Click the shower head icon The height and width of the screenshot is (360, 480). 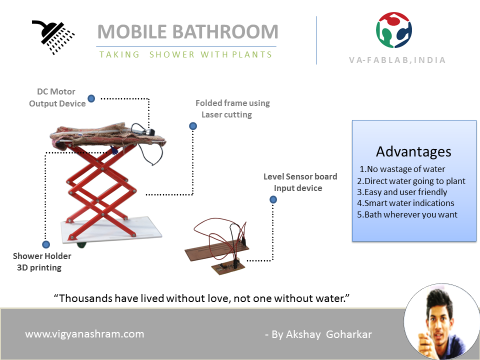[52, 37]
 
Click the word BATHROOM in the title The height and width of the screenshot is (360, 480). [225, 32]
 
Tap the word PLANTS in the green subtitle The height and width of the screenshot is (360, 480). [251, 54]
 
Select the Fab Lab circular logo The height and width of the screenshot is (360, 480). [394, 30]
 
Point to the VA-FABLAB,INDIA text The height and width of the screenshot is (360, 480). [397, 60]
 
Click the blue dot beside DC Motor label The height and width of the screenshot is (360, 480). [91, 98]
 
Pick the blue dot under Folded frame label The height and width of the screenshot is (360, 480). [193, 126]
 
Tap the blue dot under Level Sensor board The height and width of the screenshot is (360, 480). [273, 199]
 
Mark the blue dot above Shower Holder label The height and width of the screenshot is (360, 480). [46, 244]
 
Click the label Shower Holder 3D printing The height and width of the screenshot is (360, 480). [41, 261]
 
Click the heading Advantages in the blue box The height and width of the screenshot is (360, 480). [413, 151]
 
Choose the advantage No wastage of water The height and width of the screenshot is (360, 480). [402, 169]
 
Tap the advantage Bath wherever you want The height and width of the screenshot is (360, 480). [407, 214]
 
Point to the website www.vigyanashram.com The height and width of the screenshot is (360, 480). [84, 334]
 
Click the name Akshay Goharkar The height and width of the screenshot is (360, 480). [329, 334]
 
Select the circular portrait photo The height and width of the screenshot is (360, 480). [441, 321]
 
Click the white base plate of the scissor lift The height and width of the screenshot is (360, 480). [111, 230]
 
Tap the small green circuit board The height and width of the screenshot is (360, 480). [228, 266]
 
